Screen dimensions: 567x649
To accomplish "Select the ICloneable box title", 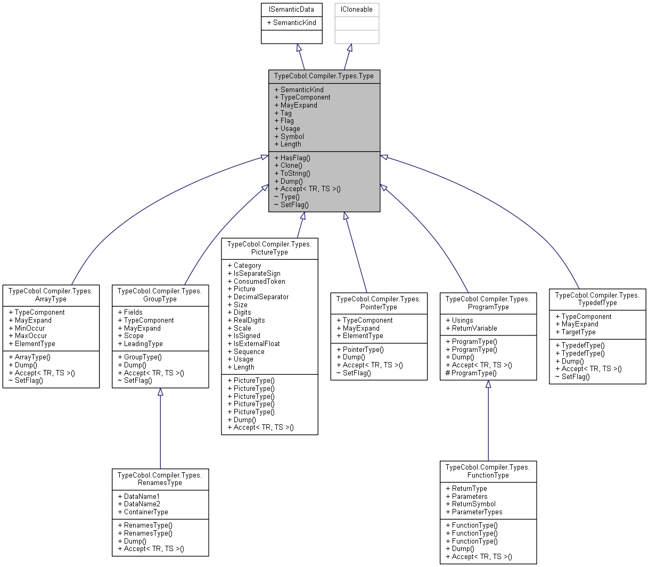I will tap(356, 9).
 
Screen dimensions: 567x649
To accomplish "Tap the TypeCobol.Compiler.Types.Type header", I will tap(324, 76).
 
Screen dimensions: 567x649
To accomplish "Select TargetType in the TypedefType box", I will tap(578, 332).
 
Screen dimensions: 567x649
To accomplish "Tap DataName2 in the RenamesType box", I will tap(142, 504).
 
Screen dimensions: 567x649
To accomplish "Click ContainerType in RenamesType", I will tap(145, 512).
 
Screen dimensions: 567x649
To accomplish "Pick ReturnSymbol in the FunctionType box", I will tap(473, 504).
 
